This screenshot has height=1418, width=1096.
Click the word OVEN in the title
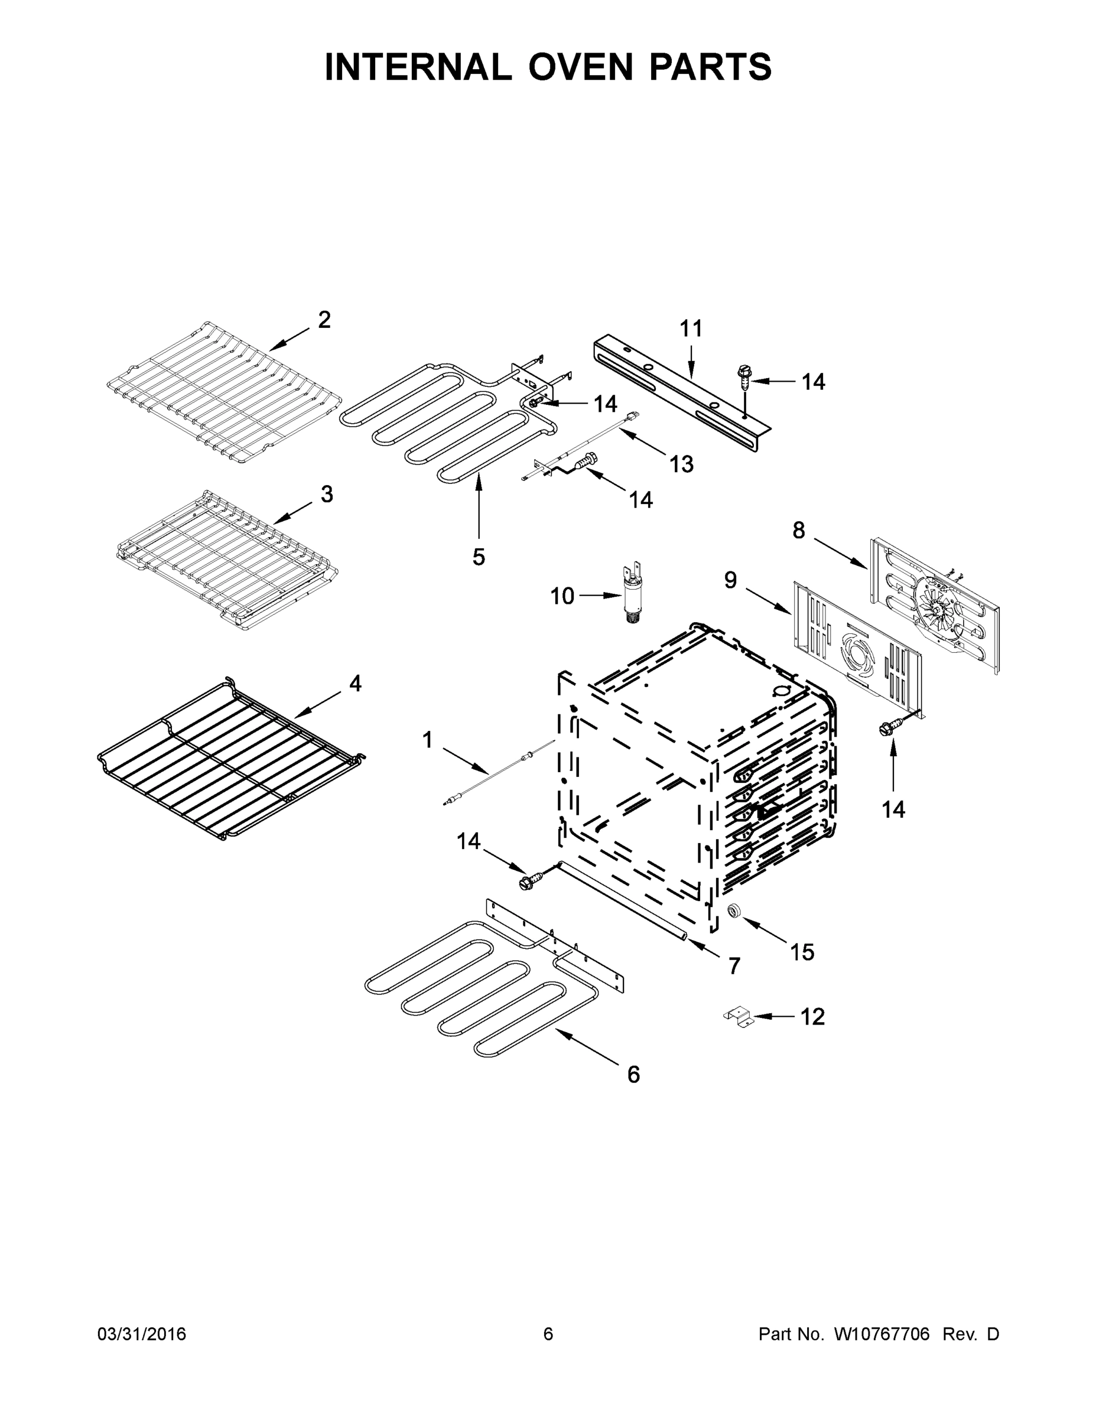(x=579, y=67)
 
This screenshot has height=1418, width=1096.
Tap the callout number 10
(x=562, y=596)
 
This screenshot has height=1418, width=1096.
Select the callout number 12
(x=812, y=1017)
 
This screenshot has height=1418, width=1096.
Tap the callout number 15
(x=802, y=952)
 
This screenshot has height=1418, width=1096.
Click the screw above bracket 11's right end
(x=742, y=376)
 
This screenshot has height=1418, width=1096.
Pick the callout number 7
(x=734, y=967)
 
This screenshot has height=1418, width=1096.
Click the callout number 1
(x=427, y=739)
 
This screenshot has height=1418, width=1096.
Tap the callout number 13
(x=681, y=464)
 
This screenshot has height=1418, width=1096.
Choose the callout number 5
(x=479, y=557)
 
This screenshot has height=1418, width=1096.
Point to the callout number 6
(x=634, y=1075)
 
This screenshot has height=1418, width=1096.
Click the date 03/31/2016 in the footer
(x=142, y=1334)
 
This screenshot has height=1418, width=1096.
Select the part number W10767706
(x=882, y=1334)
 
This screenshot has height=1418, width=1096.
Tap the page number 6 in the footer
(x=548, y=1334)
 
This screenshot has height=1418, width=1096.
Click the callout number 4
(x=355, y=683)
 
